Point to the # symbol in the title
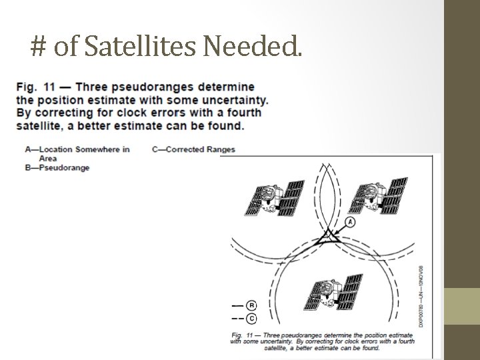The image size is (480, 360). pos(38,46)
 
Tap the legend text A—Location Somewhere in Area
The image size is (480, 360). pos(76,153)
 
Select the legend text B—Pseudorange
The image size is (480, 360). pos(57,167)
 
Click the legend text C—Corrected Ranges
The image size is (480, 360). pos(193,149)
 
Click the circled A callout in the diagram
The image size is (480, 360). pos(351,221)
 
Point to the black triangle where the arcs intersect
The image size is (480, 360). pos(327,238)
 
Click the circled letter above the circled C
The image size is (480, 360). pos(251,305)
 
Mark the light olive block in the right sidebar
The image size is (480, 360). pos(462,306)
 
